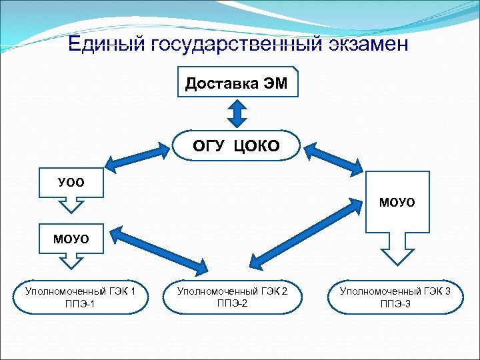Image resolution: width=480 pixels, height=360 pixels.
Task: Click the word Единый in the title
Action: [x=107, y=45]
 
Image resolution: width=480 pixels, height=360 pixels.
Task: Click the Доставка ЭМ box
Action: [x=237, y=83]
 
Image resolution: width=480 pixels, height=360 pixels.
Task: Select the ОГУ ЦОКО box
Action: [x=237, y=146]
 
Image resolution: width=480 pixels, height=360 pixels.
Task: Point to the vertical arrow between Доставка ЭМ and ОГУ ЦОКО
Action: [x=237, y=113]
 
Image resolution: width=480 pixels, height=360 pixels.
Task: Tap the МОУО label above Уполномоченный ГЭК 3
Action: [x=397, y=201]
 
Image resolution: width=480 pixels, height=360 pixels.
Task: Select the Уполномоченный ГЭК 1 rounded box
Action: [x=80, y=298]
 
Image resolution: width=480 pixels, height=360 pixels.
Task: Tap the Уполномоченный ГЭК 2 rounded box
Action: [x=233, y=297]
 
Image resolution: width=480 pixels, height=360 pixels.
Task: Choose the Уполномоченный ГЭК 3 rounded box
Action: [x=395, y=298]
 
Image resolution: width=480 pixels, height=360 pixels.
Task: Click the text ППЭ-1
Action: [x=79, y=305]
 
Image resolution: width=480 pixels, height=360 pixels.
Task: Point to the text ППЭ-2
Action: [x=233, y=303]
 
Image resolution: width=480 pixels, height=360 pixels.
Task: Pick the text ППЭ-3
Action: [x=395, y=305]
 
